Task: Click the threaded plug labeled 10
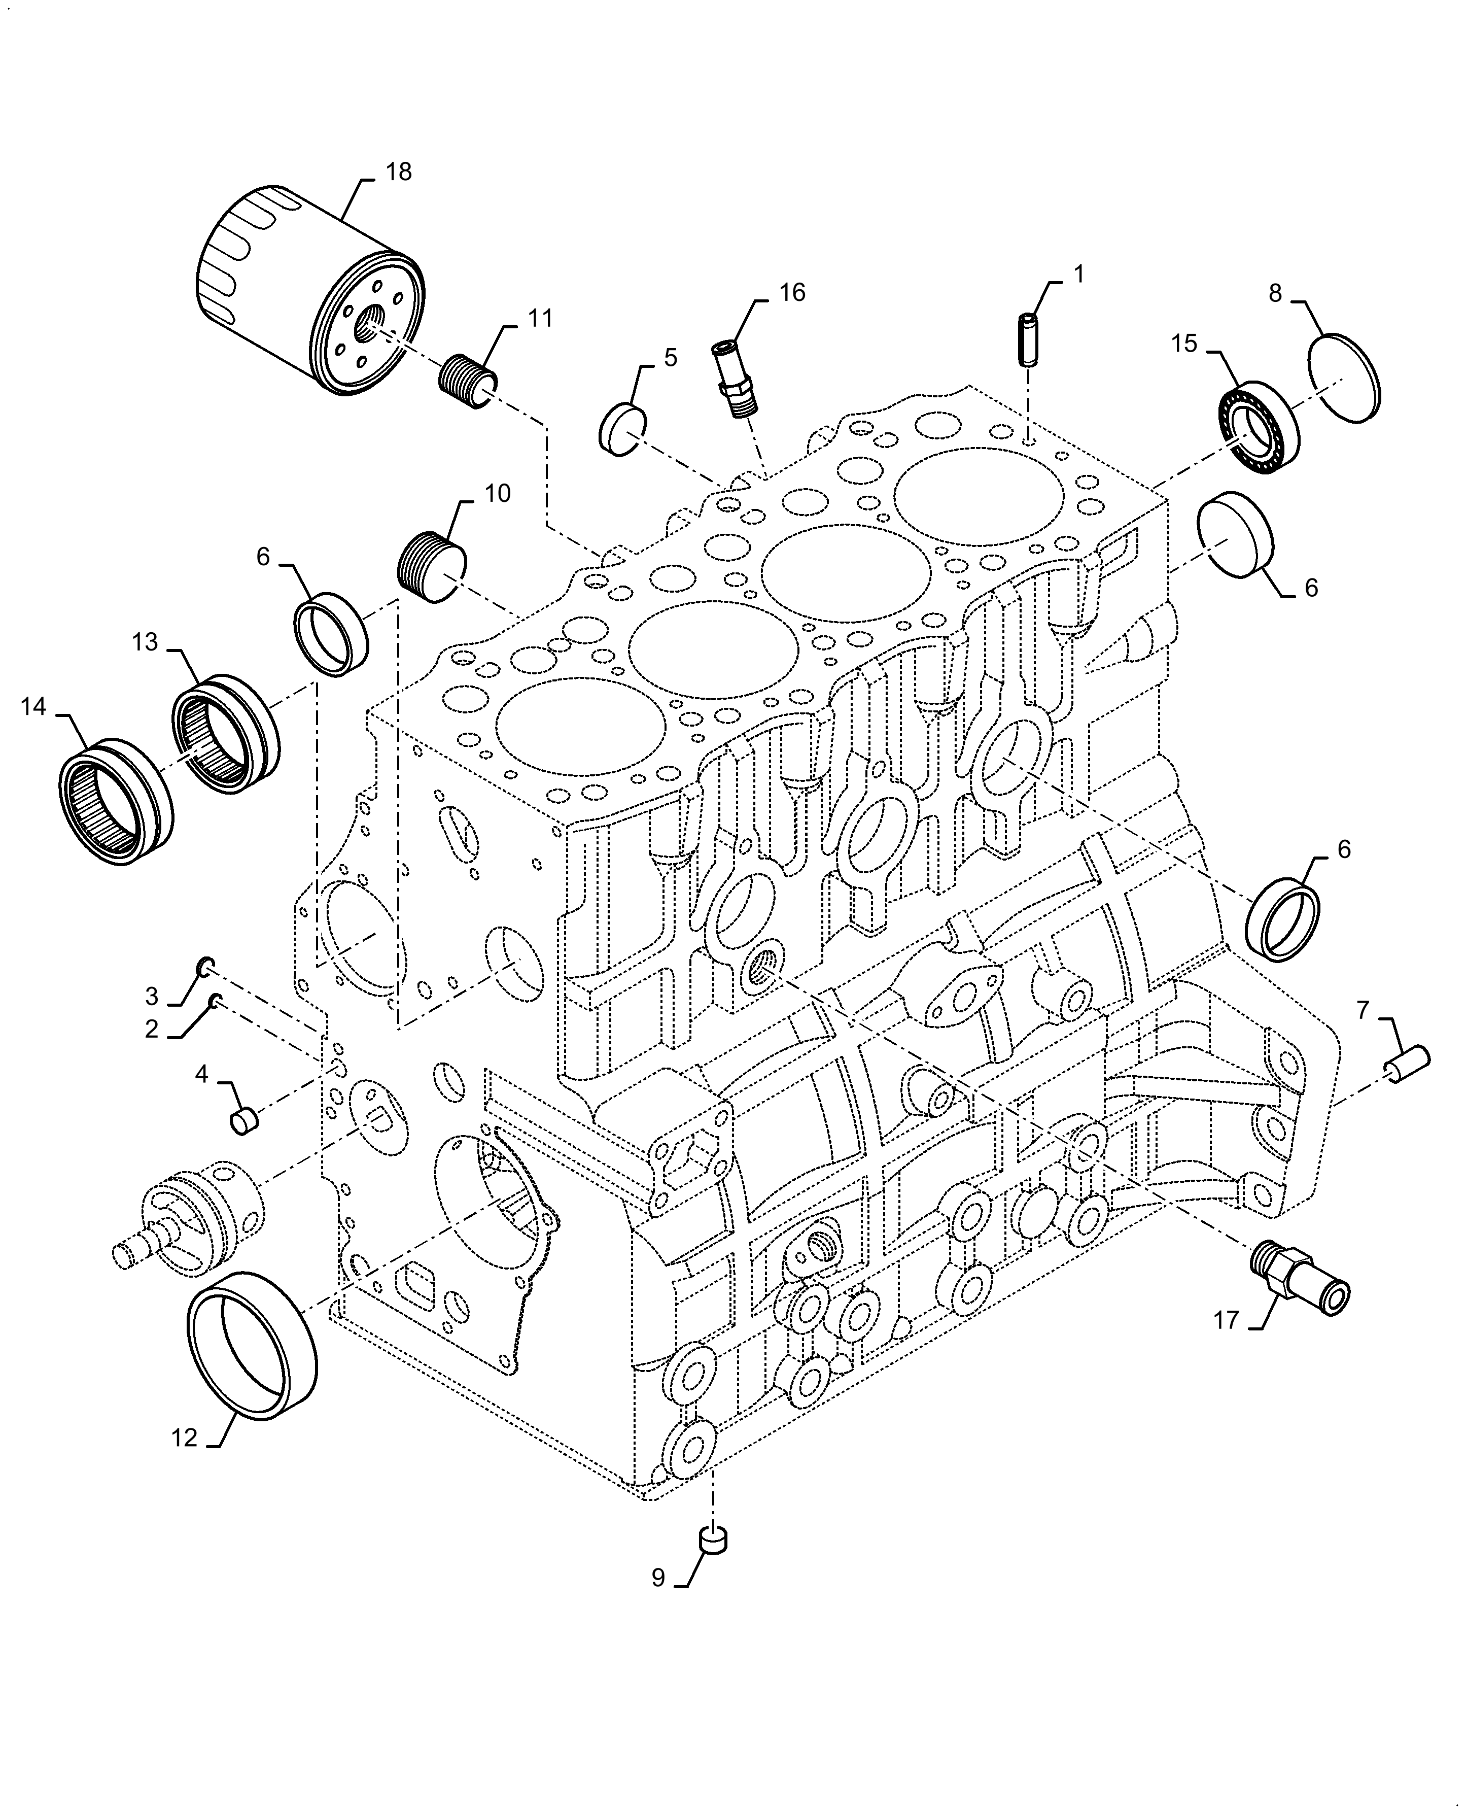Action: click(x=432, y=567)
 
